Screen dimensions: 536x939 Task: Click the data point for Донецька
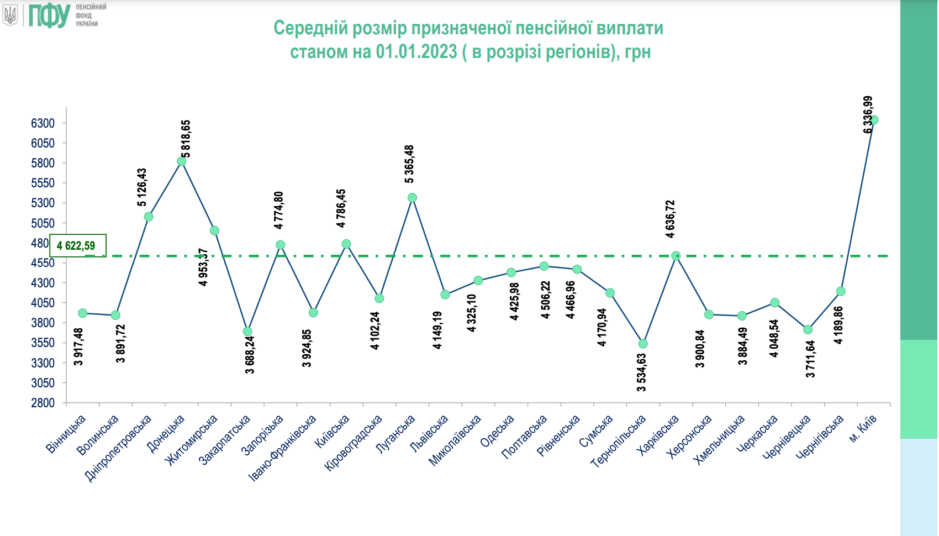(x=181, y=161)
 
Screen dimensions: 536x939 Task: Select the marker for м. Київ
(x=874, y=120)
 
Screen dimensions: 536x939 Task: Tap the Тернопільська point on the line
(x=643, y=344)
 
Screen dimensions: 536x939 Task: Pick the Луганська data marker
(x=412, y=198)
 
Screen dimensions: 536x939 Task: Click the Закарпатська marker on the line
(x=247, y=332)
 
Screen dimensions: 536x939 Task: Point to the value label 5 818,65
(x=186, y=139)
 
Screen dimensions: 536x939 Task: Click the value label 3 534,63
(x=641, y=372)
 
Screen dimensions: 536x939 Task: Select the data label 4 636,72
(x=670, y=219)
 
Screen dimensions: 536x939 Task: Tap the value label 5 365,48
(x=409, y=164)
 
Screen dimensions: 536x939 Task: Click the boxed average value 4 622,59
(x=76, y=246)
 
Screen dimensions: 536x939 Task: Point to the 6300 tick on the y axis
(x=43, y=123)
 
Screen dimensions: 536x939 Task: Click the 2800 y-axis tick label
(x=43, y=403)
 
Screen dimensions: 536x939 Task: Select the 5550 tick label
(x=43, y=183)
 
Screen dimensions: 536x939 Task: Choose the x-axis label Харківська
(x=658, y=435)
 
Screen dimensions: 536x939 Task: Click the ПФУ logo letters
(x=49, y=15)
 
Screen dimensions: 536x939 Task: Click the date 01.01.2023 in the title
(x=416, y=52)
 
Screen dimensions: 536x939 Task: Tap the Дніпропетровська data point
(x=148, y=217)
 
